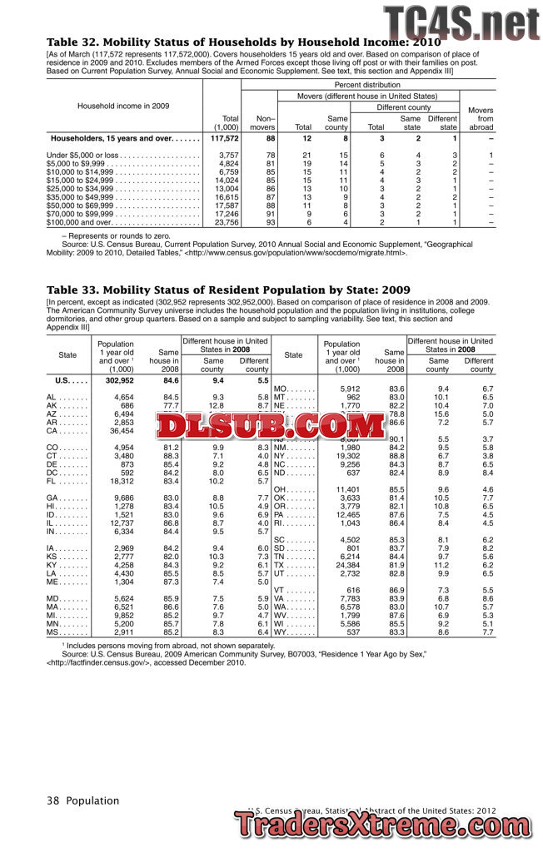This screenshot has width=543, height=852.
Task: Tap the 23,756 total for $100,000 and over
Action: (227, 223)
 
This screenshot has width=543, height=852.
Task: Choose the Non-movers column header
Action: (263, 123)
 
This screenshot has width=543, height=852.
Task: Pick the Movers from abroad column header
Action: (481, 118)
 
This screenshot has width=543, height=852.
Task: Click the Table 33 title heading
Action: (228, 290)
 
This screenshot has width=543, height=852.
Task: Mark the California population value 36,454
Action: (120, 431)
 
